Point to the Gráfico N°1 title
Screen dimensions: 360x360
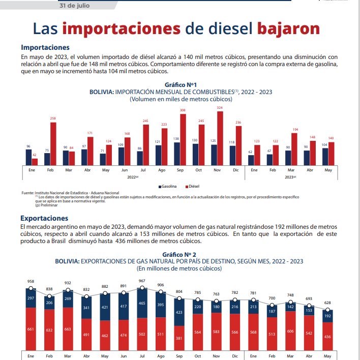[x=181, y=84]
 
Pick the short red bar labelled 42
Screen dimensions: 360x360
[x=35, y=162]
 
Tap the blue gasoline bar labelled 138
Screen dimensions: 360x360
[x=176, y=154]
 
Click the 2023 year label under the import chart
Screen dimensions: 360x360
[x=290, y=177]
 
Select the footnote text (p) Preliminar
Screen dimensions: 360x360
[x=46, y=205]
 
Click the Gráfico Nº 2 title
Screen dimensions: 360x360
[x=179, y=254]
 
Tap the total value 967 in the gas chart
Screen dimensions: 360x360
[x=142, y=281]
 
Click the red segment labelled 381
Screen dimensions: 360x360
[x=179, y=338]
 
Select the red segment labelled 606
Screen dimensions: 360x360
[x=290, y=330]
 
